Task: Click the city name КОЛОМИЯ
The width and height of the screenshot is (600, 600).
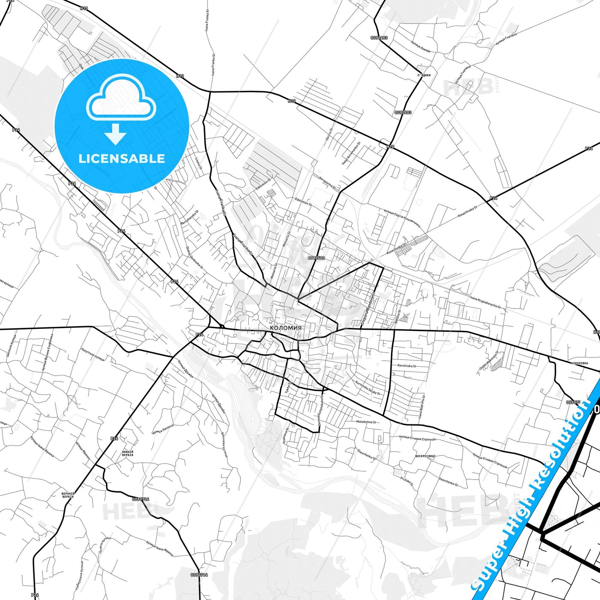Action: pyautogui.click(x=286, y=328)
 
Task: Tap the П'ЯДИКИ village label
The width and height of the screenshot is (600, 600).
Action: pyautogui.click(x=424, y=75)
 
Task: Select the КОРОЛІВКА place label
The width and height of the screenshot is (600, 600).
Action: pyautogui.click(x=579, y=363)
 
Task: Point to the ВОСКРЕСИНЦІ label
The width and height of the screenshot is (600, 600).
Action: pyautogui.click(x=425, y=456)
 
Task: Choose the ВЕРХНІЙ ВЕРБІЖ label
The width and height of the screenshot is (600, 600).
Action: pyautogui.click(x=68, y=495)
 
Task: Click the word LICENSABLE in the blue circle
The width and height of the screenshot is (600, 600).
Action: pyautogui.click(x=122, y=159)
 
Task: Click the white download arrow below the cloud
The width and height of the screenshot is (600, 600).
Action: pyautogui.click(x=115, y=134)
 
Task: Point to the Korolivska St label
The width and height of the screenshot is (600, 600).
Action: pyautogui.click(x=407, y=366)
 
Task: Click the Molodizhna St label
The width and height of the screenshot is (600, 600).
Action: pyautogui.click(x=366, y=422)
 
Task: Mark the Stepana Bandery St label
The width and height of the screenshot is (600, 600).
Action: pyautogui.click(x=368, y=308)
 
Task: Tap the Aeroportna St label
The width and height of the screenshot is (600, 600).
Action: pyautogui.click(x=327, y=181)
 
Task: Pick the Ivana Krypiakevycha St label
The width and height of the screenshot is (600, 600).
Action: pyautogui.click(x=485, y=302)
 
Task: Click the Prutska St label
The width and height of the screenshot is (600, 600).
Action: pyautogui.click(x=407, y=481)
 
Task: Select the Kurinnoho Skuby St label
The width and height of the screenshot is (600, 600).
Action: pyautogui.click(x=367, y=388)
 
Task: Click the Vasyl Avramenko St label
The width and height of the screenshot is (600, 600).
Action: pyautogui.click(x=351, y=153)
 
